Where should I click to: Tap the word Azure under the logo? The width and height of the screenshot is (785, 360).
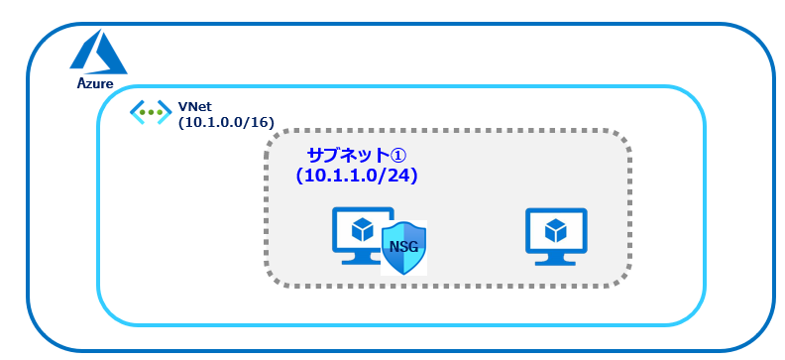coord(95,83)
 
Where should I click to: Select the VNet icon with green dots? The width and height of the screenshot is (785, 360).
coord(151,112)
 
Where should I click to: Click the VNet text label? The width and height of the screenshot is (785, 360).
coord(189,107)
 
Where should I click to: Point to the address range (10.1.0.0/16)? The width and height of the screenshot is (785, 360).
coord(226,122)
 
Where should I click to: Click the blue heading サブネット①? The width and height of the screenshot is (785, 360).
coord(357,156)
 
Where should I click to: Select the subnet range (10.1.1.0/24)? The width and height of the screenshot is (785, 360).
coord(357,177)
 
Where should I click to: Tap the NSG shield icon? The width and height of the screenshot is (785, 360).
coord(404,248)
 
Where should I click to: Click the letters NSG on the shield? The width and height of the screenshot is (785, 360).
coord(404,247)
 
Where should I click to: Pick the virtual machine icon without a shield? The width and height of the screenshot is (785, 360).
coord(556,236)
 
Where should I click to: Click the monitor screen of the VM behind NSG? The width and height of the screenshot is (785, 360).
coord(362,229)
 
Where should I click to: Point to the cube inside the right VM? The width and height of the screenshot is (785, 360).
coord(556,230)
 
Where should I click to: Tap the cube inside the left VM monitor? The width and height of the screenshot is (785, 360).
coord(362,229)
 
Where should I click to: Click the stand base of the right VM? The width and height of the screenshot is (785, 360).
coord(556,262)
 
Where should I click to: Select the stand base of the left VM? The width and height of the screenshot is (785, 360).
coord(361,260)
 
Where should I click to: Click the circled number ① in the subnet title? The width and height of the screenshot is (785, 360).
coord(398,156)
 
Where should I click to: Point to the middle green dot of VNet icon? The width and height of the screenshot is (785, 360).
coord(151,112)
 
